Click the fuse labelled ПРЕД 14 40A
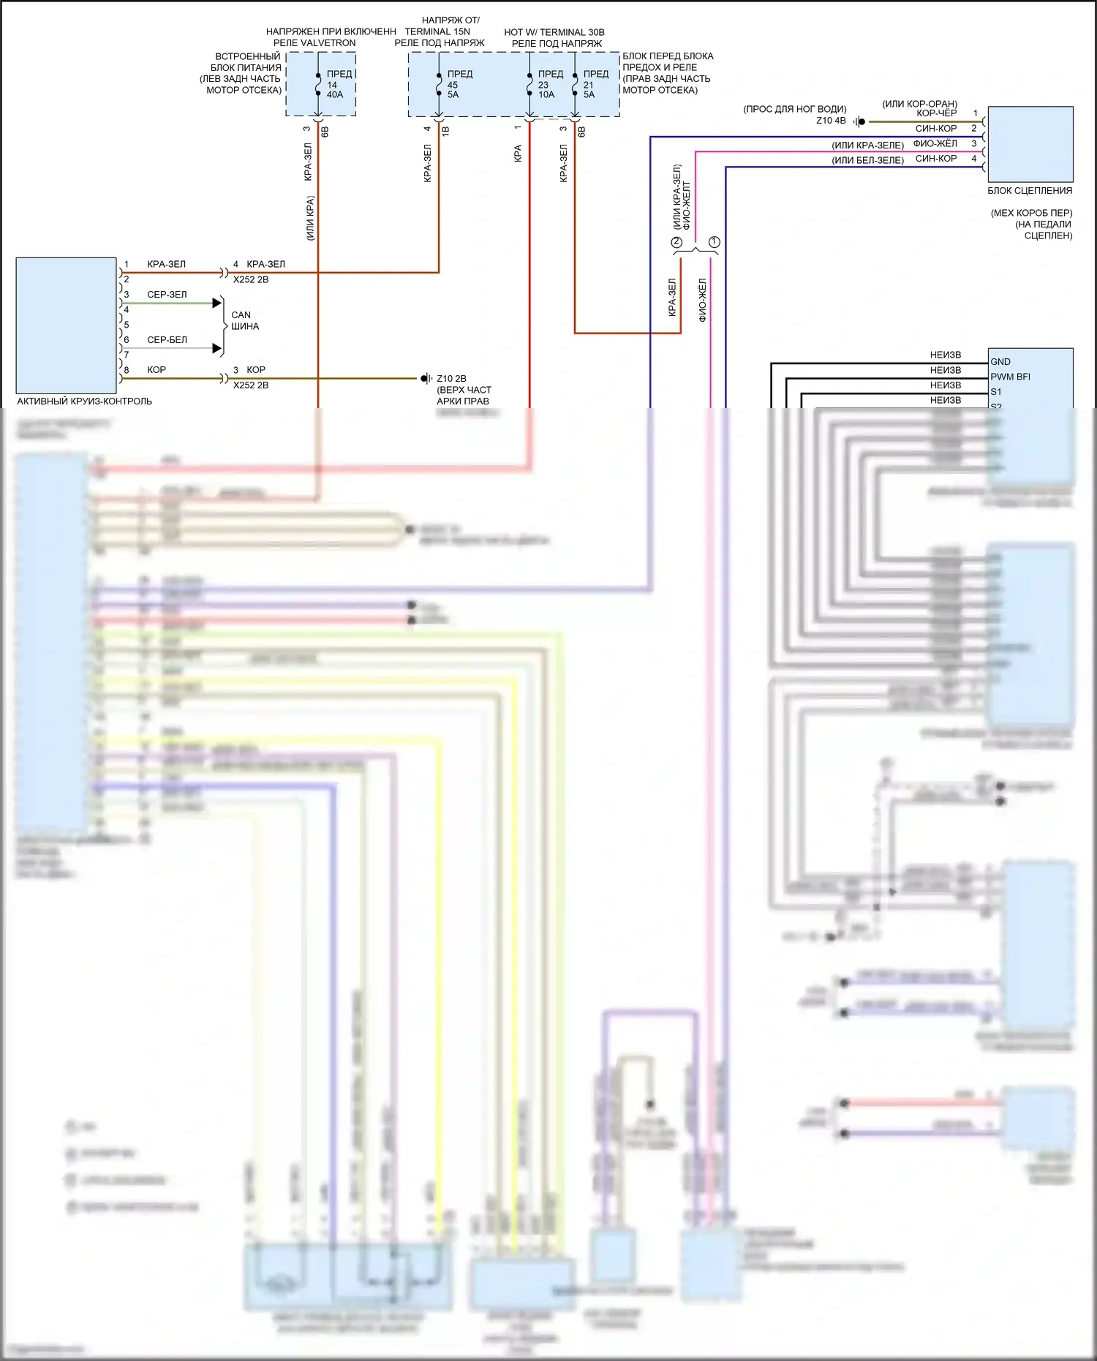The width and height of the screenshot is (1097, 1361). pyautogui.click(x=319, y=84)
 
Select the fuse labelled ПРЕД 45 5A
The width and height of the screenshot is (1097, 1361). pyautogui.click(x=438, y=84)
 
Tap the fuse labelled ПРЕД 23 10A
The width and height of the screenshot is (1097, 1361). pyautogui.click(x=529, y=84)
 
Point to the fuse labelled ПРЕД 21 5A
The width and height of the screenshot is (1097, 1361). pyautogui.click(x=575, y=84)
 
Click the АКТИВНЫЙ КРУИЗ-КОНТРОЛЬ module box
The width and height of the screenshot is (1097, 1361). pyautogui.click(x=66, y=325)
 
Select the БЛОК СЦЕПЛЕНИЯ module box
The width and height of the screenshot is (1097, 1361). pyautogui.click(x=1030, y=144)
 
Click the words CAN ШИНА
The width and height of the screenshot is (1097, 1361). pyautogui.click(x=244, y=320)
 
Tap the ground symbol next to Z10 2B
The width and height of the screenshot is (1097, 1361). pyautogui.click(x=426, y=378)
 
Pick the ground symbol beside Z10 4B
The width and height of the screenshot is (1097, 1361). pyautogui.click(x=859, y=121)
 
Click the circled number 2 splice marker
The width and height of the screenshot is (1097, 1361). pyautogui.click(x=676, y=242)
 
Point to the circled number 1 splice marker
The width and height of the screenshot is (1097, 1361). pyautogui.click(x=715, y=242)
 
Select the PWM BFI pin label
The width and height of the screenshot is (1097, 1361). pyautogui.click(x=1010, y=377)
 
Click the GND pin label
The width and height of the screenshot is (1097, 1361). pyautogui.click(x=1000, y=362)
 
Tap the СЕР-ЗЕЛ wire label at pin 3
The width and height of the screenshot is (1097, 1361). pyautogui.click(x=167, y=295)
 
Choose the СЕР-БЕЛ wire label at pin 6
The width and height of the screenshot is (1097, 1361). pyautogui.click(x=167, y=340)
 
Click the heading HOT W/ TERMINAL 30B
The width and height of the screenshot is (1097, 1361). pyautogui.click(x=554, y=32)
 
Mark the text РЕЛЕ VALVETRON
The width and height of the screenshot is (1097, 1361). pyautogui.click(x=314, y=43)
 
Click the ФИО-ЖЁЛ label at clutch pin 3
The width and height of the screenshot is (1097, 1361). pyautogui.click(x=935, y=143)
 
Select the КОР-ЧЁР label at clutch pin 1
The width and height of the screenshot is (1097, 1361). pyautogui.click(x=936, y=113)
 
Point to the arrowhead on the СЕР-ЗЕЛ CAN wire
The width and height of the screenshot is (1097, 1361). pyautogui.click(x=216, y=303)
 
